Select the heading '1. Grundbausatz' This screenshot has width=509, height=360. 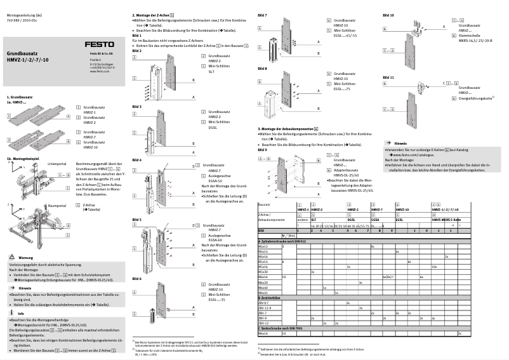click(x=20, y=97)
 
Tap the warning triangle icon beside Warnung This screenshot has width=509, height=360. click(x=12, y=256)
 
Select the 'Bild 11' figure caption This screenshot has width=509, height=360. click(x=388, y=77)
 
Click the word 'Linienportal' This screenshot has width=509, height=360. click(x=56, y=163)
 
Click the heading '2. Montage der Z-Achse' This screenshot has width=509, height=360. click(x=154, y=15)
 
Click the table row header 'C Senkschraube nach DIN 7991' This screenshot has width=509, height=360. click(x=283, y=328)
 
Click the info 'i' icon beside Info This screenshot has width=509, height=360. click(x=12, y=314)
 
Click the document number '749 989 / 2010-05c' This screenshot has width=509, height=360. click(x=21, y=19)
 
